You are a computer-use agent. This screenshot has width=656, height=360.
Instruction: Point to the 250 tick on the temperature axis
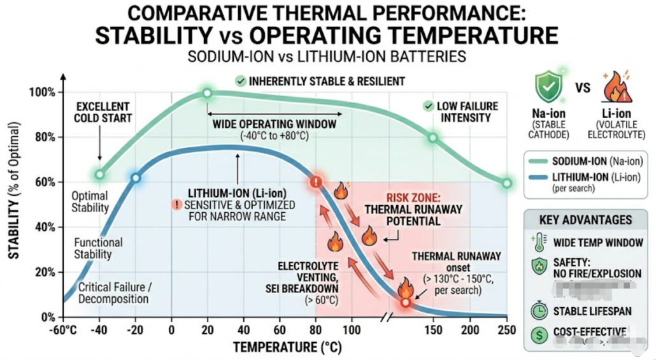[507, 329]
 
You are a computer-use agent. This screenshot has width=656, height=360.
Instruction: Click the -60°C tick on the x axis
[63, 329]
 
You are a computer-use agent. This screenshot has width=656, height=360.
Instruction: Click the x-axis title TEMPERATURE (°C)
[285, 347]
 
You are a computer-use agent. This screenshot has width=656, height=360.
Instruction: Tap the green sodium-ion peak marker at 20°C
[207, 93]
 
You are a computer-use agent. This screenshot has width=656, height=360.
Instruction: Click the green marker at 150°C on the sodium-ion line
[433, 138]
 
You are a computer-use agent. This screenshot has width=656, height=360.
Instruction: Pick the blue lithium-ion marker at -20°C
[135, 178]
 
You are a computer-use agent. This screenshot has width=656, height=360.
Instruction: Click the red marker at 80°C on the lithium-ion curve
[315, 182]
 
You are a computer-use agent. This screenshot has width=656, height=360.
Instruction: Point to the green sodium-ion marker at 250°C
[507, 183]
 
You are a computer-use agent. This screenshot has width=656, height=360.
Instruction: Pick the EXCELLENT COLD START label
[102, 112]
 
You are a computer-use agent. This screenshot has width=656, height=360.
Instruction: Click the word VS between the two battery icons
[582, 89]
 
